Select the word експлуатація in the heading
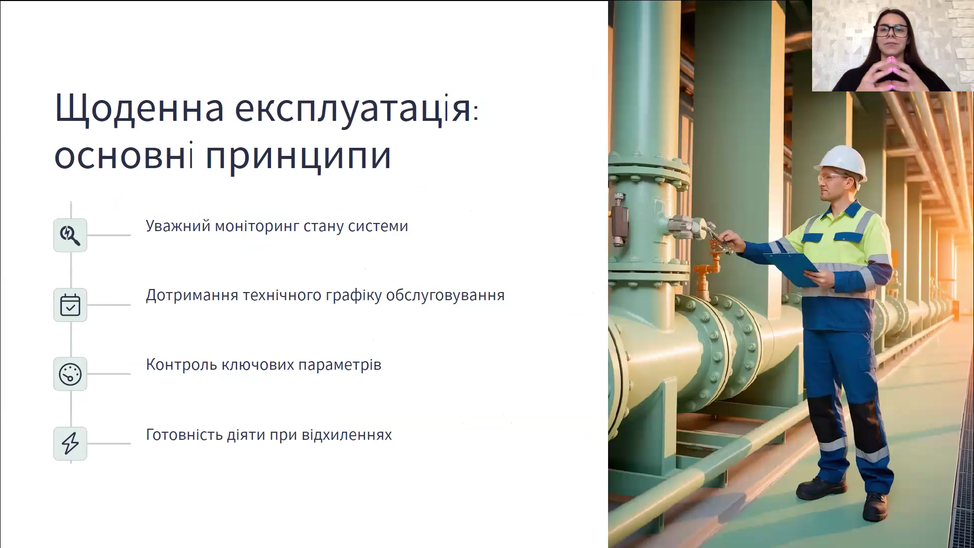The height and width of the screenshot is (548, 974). tap(353, 108)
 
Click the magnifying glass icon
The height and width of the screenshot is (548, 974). tap(70, 235)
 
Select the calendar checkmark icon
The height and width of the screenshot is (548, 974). tap(70, 305)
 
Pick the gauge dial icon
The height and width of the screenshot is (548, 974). tap(70, 374)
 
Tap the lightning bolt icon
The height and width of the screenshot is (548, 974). tap(70, 443)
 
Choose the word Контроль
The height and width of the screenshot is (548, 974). tap(182, 365)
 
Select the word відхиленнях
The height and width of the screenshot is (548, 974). tap(346, 435)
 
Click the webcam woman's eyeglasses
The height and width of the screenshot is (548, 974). tap(890, 31)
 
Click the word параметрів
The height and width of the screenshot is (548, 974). tap(340, 365)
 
